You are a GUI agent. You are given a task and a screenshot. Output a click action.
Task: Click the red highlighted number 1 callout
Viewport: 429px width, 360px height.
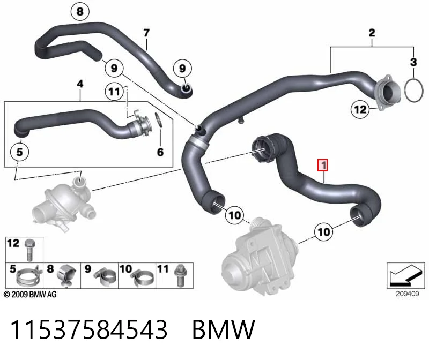[x=323, y=165]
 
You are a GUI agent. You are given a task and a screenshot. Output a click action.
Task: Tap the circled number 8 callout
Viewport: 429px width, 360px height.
[x=80, y=11]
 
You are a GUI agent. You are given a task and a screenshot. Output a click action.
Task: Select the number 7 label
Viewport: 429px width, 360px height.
[x=146, y=33]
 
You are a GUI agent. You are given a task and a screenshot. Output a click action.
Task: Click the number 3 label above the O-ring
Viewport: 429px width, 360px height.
[x=413, y=62]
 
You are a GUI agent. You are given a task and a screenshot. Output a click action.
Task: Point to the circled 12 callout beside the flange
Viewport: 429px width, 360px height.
[x=360, y=110]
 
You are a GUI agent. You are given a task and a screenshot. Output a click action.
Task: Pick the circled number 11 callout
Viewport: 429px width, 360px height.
[x=114, y=91]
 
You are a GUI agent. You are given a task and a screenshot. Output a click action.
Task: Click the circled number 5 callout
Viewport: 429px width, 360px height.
[x=19, y=152]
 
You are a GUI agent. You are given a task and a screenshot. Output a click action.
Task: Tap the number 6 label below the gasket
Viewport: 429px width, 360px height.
[x=160, y=152]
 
